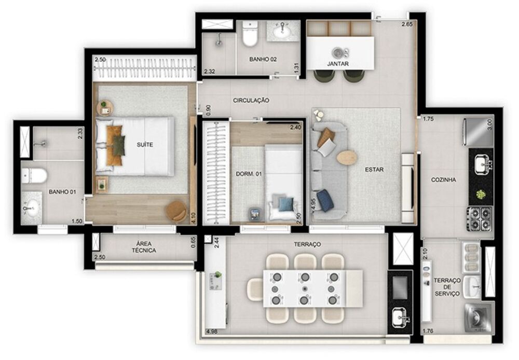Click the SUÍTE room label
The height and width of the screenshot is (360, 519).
[x=145, y=145]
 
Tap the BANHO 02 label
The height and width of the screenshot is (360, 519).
[x=263, y=60]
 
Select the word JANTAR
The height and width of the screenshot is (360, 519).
[x=338, y=64]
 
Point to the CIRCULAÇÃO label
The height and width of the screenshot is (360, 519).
[x=251, y=100]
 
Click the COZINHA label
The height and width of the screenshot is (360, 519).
[x=444, y=180]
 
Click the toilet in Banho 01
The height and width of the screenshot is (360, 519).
[x=34, y=175]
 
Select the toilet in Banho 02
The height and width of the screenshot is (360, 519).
[x=250, y=34]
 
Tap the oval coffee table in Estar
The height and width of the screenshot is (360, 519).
[x=347, y=157]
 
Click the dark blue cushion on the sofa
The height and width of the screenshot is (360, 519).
[x=324, y=200]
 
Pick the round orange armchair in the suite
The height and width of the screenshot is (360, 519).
[x=176, y=210]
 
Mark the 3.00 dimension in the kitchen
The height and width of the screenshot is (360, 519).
[x=489, y=125]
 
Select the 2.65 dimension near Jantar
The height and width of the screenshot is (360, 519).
[x=407, y=24]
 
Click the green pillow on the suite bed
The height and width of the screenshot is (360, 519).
[x=119, y=145]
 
